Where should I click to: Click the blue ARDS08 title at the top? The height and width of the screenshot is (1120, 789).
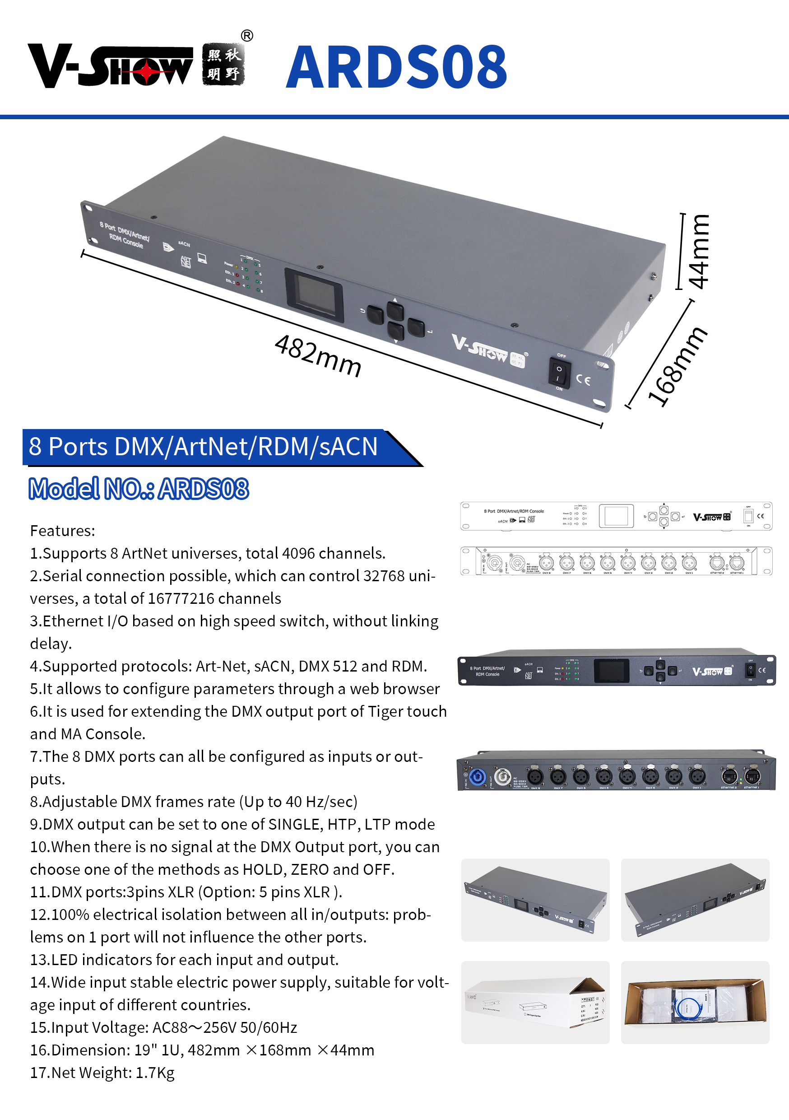(396, 67)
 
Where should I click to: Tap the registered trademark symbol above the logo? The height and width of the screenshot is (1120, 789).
(247, 36)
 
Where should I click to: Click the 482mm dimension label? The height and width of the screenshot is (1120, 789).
(318, 355)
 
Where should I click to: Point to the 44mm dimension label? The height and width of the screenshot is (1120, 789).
(698, 252)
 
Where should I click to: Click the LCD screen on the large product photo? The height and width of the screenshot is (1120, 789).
(315, 295)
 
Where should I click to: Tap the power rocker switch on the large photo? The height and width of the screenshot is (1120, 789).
(559, 372)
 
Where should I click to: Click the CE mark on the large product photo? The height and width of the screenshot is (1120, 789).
(584, 379)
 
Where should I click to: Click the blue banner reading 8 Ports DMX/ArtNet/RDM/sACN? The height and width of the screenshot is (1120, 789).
(204, 446)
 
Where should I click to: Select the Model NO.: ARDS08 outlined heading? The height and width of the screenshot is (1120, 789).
(139, 488)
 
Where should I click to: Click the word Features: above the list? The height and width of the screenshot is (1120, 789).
(62, 530)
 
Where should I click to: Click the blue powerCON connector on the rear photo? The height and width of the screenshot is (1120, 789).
(477, 777)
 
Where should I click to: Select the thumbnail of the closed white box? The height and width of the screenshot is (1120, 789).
(535, 1002)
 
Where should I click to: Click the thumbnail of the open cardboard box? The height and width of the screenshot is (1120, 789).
(695, 1002)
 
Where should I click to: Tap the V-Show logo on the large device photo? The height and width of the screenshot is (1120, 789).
(480, 348)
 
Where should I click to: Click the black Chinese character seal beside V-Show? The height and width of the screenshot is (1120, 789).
(223, 65)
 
